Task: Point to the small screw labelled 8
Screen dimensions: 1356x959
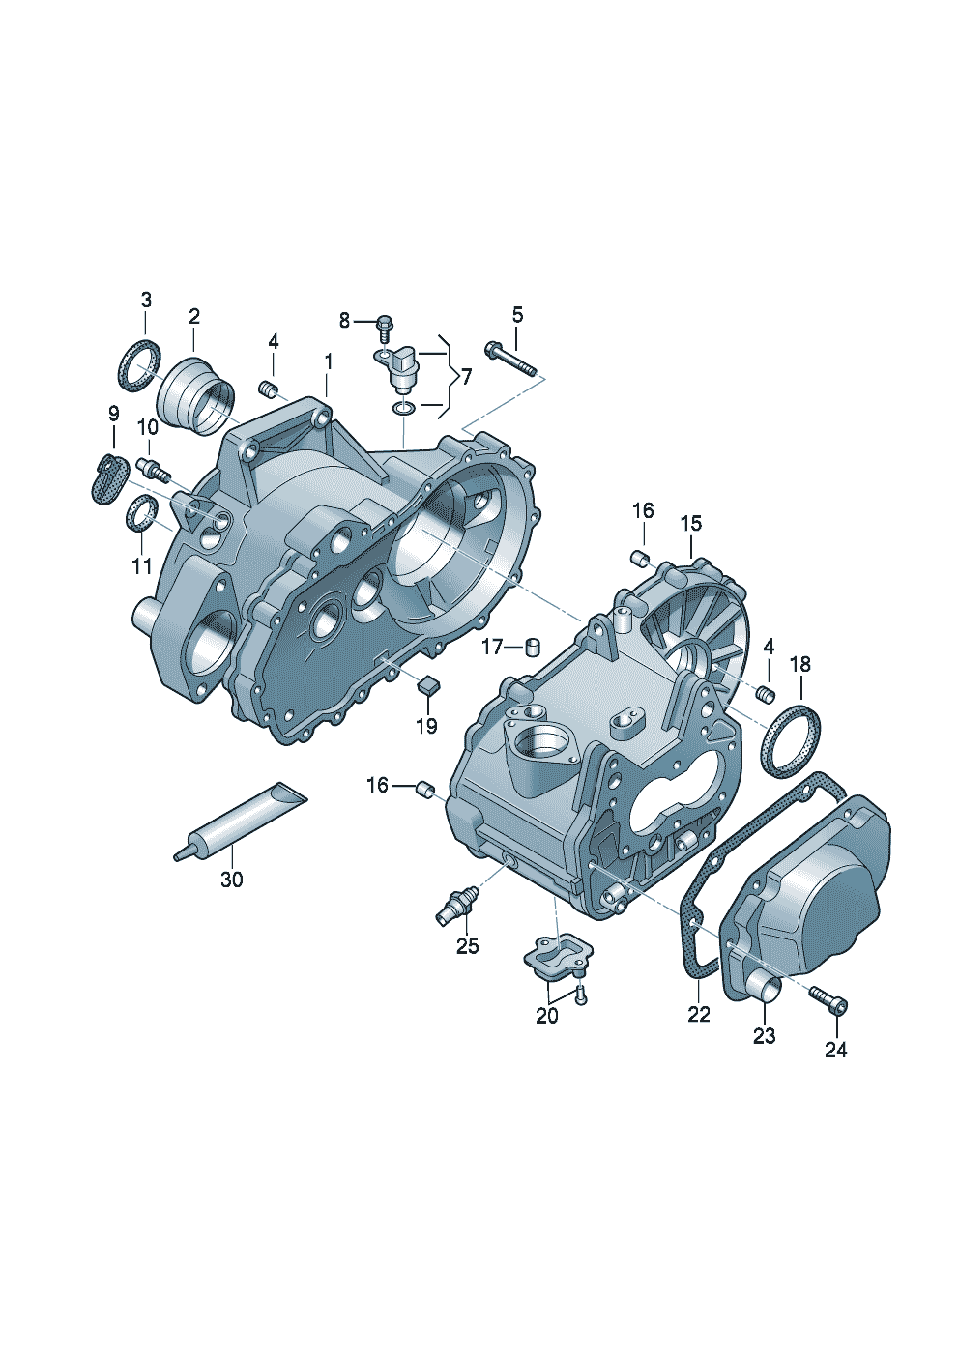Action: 384,323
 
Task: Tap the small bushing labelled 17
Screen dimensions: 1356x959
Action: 532,646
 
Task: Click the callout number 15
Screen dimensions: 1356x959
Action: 690,524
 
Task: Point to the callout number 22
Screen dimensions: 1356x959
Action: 698,1014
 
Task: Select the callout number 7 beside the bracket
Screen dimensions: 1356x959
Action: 466,376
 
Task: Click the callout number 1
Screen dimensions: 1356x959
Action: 329,361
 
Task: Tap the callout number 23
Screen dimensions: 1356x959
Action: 764,1035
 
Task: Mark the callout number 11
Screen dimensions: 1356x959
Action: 142,565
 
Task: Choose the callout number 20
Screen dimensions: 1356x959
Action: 547,1016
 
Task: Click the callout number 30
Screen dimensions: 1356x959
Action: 232,880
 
